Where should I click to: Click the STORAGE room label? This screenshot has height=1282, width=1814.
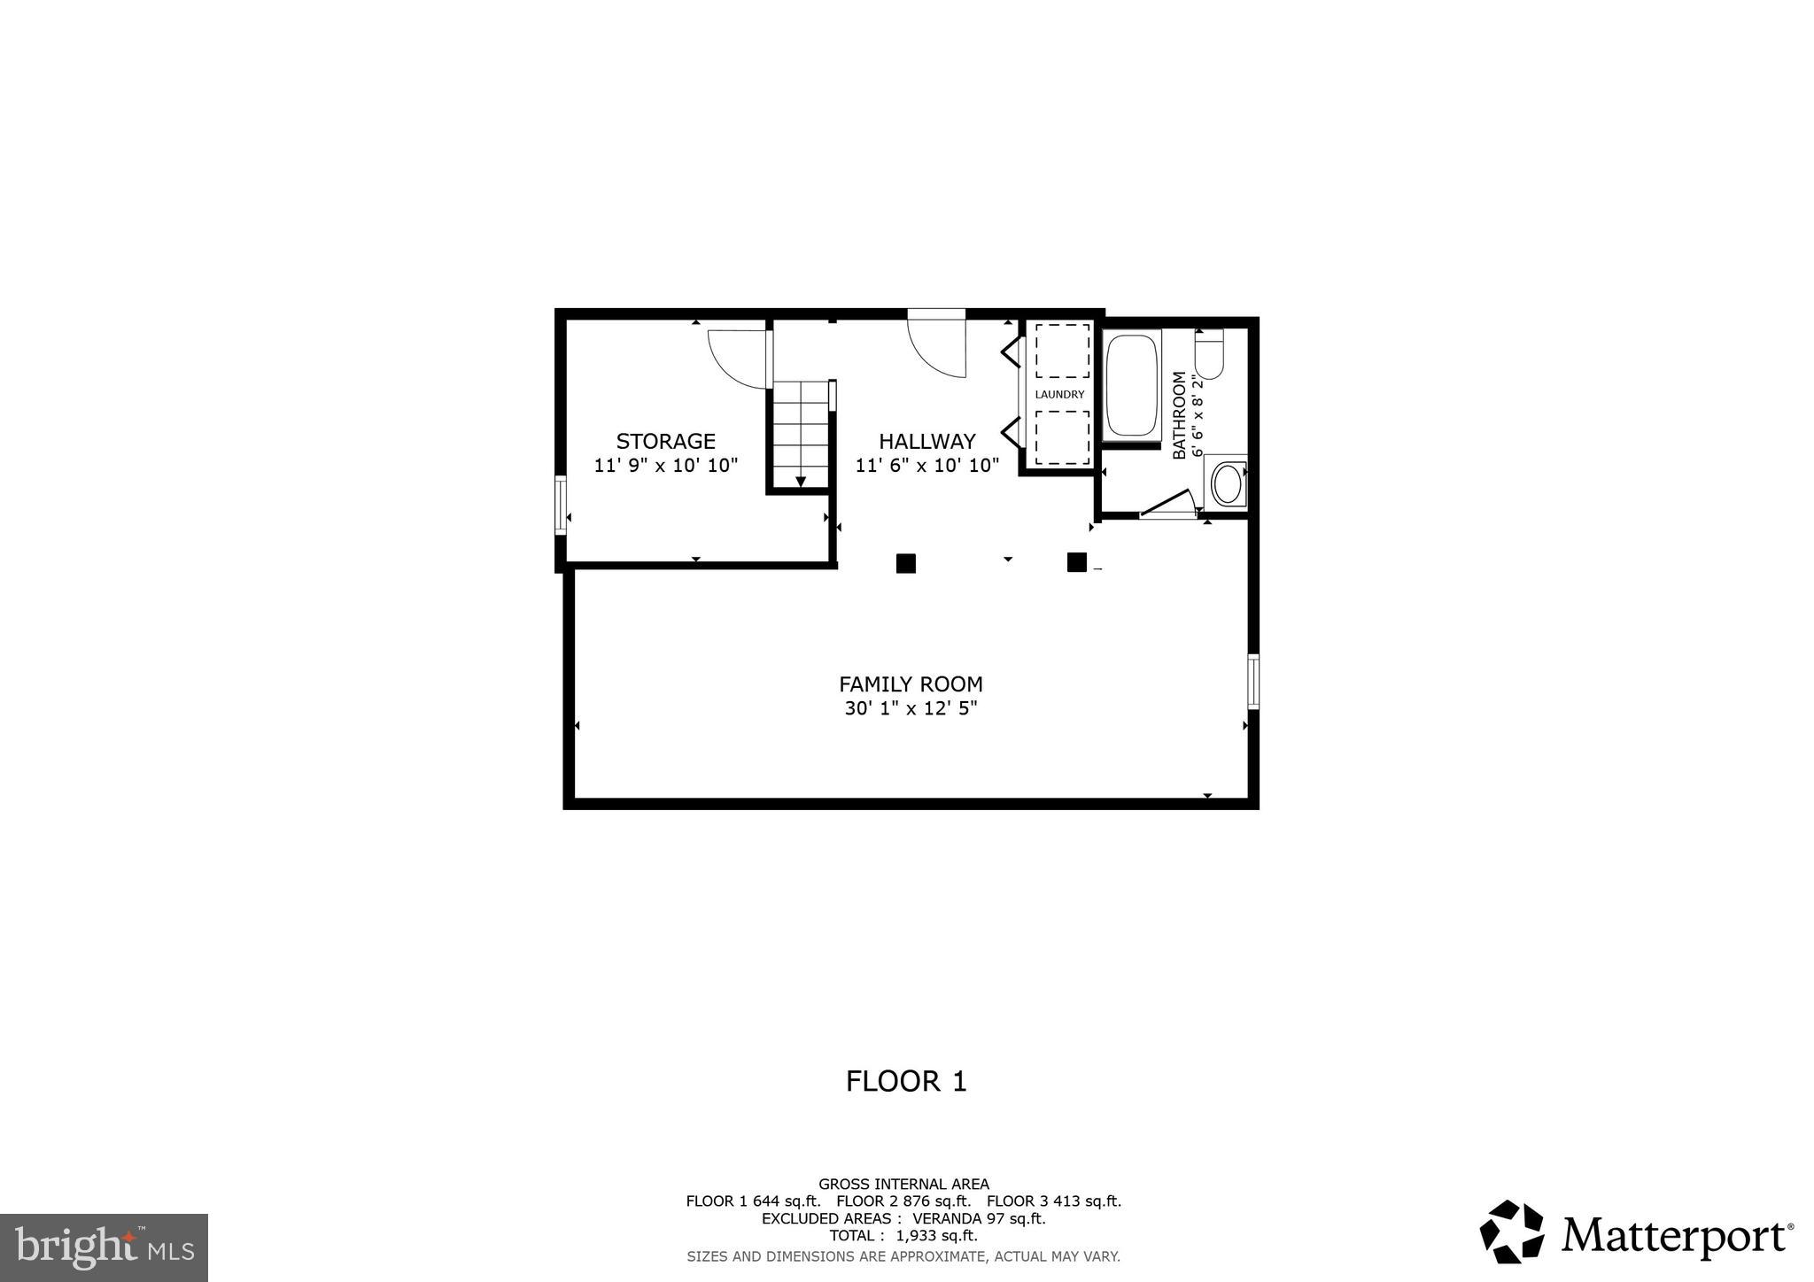point(665,441)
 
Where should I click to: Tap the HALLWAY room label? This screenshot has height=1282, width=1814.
point(926,441)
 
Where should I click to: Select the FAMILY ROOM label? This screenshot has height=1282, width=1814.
point(911,684)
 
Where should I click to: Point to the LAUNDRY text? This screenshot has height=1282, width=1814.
point(1059,395)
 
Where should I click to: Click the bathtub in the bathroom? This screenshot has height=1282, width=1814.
point(1131,385)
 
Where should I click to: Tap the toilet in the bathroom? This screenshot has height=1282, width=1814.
point(1209,354)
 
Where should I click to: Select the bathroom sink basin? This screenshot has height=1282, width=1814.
point(1228,483)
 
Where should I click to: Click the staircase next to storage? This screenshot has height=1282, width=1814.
point(801,434)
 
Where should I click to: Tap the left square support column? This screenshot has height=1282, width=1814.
point(905,563)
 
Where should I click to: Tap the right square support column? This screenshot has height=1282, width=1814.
point(1076,562)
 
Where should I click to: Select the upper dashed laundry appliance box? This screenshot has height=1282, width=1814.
point(1062,351)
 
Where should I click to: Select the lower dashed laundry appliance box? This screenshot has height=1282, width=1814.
point(1062,437)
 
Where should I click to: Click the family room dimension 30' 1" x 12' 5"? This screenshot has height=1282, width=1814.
point(911,708)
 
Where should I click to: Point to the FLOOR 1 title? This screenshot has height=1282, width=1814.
point(906,1081)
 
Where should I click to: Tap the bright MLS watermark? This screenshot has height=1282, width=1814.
point(104,1248)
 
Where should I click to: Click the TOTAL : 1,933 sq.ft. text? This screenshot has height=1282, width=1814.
point(903,1235)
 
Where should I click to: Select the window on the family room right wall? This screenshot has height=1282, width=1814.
point(1253,681)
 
